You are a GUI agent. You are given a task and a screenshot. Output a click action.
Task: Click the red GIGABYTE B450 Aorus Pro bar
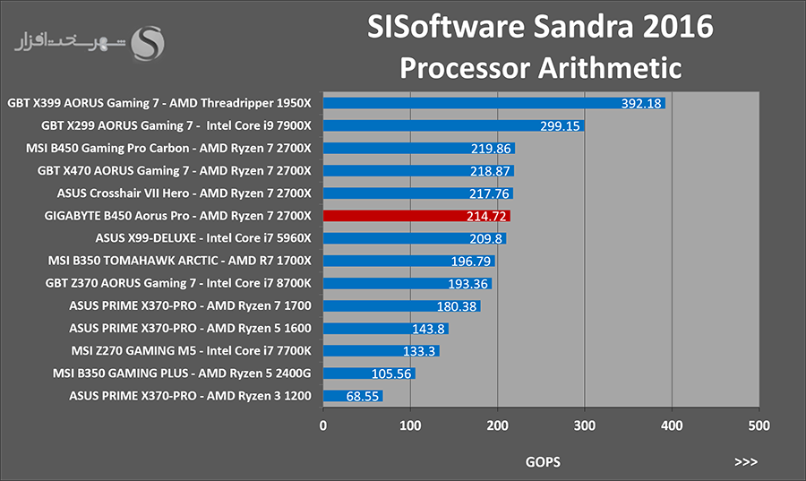pos(416,216)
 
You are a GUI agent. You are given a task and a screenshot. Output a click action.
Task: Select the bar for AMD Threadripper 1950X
pos(494,103)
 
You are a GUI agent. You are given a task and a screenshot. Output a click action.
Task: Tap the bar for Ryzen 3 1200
pos(353,396)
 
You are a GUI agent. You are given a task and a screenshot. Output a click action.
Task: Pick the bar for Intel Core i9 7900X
pos(453,126)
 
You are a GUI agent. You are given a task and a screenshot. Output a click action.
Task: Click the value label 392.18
pos(641,103)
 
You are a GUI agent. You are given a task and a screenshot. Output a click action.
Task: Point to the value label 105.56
pos(391,374)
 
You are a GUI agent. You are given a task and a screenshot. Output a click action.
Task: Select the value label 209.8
pos(485,238)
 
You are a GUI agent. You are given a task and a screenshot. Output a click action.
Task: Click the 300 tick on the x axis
pos(585,425)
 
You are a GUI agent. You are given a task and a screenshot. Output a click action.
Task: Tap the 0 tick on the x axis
pos(322,425)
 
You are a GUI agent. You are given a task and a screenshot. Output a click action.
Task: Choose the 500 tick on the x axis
pos(759,425)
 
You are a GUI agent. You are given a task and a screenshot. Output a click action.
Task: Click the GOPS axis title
pos(543,462)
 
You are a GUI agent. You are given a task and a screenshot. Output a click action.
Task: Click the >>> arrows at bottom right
pos(746,462)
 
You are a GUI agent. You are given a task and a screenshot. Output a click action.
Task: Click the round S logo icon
pos(148,43)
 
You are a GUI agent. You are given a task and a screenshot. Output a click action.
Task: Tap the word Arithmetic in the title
pos(610,68)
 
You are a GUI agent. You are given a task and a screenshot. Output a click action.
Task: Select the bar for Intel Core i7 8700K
pos(407,284)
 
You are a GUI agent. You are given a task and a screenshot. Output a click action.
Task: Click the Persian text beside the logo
pos(70,42)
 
